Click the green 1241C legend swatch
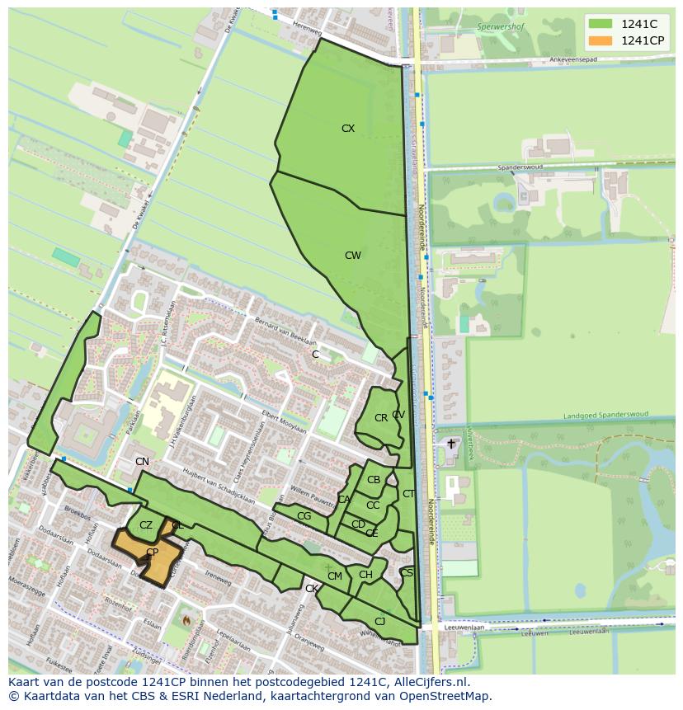(x=601, y=24)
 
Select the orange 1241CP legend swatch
(x=601, y=40)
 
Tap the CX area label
(x=348, y=129)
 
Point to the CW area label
(x=353, y=256)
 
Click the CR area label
(x=380, y=418)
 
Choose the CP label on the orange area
(x=152, y=552)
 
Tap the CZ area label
(x=146, y=525)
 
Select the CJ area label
(x=379, y=622)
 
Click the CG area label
(x=304, y=516)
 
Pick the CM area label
(x=334, y=576)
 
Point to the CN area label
(x=142, y=462)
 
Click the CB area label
(x=374, y=480)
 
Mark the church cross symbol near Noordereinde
(x=450, y=444)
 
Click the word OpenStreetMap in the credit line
(x=440, y=696)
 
